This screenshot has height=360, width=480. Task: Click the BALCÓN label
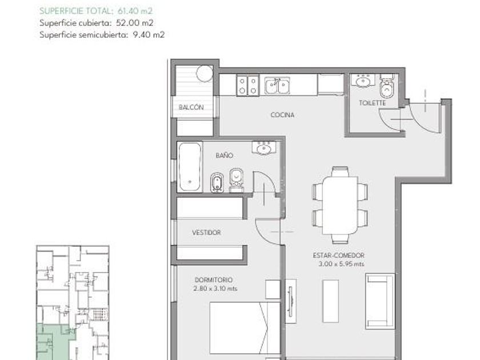pos(191,107)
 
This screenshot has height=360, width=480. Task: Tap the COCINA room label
pos(282,115)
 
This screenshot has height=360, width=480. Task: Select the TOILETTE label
pos(372,103)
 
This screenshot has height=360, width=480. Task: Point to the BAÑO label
pos(224,155)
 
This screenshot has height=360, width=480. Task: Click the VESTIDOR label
pos(206,233)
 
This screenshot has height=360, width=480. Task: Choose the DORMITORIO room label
pos(213,280)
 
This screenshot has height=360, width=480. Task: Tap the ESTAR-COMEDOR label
pos(338,255)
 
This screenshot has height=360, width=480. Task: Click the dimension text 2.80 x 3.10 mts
pos(215,289)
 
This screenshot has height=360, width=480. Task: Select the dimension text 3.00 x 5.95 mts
pos(341,264)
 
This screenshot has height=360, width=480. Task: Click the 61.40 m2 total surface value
pos(135,11)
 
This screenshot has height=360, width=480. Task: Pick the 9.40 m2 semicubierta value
pos(149,35)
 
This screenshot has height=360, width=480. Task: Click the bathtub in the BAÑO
pos(190,167)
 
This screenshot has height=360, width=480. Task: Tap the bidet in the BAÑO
pos(217,183)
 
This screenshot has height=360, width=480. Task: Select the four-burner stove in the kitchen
pos(247,86)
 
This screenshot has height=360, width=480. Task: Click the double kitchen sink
pos(277,85)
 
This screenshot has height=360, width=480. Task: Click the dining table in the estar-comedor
pos(340,205)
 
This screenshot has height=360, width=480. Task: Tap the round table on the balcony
pos(204,74)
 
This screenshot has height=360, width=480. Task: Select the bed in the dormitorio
pos(245,328)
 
